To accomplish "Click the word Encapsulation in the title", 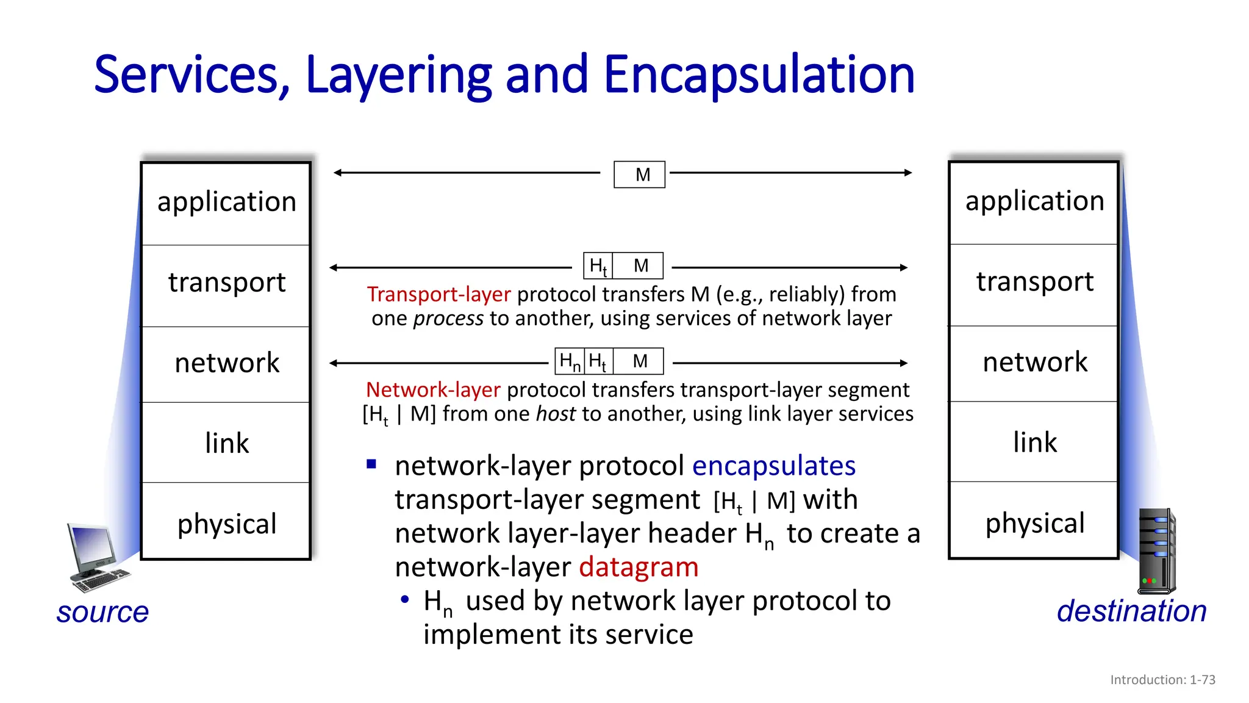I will tap(759, 75).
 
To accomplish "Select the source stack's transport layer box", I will tap(226, 285).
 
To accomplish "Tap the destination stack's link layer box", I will tap(1034, 442).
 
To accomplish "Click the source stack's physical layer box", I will tap(226, 522).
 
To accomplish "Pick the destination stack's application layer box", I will tap(1034, 202).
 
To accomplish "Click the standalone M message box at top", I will tap(639, 175).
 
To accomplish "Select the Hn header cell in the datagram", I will tap(570, 361).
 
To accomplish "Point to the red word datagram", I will tap(638, 567).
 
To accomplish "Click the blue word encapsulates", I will tap(773, 466).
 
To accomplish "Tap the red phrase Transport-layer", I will tap(438, 294).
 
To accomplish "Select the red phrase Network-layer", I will tap(433, 389).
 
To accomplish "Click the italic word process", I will tap(448, 319).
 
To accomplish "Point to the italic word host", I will tap(556, 414).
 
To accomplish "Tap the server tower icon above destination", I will tap(1157, 551).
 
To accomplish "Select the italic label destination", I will tap(1131, 611).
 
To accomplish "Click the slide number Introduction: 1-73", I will tap(1162, 680).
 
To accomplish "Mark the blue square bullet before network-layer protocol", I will tap(371, 464).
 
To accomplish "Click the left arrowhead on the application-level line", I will tap(337, 173).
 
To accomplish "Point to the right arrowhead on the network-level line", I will tap(904, 363).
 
